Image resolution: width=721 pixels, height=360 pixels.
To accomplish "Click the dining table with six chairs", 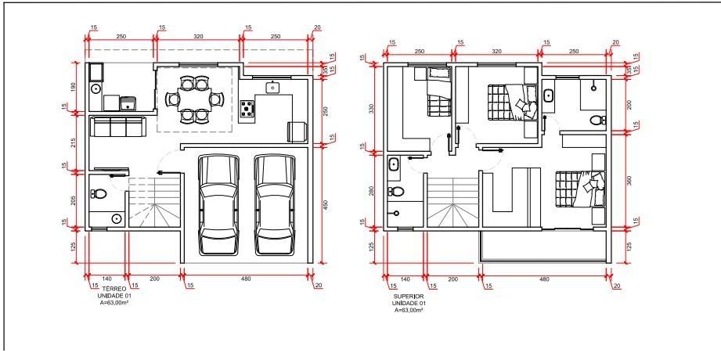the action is (x=193, y=99).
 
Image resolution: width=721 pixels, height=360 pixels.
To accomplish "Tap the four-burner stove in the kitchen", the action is (x=247, y=109).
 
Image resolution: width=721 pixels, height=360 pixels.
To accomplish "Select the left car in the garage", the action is (x=219, y=204).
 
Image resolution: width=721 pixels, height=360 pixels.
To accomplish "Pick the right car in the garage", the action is (x=275, y=204).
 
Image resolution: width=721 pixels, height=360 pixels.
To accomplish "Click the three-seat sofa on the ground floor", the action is (x=118, y=127).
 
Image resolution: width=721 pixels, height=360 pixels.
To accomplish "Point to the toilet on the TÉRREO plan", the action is (x=99, y=193).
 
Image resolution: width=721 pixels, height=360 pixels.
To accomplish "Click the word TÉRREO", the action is (x=106, y=289).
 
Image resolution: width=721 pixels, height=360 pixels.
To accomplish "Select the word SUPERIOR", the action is (x=409, y=297).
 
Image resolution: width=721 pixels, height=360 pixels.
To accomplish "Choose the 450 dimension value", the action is (x=326, y=204).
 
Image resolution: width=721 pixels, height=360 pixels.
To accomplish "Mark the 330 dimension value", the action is (x=372, y=109).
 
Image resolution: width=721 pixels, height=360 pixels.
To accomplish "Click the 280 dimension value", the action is (x=372, y=191).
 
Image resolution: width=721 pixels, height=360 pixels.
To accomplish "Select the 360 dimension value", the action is (x=629, y=181).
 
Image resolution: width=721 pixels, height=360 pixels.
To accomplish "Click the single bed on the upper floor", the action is (x=438, y=91).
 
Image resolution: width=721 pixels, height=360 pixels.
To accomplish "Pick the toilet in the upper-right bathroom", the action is (x=597, y=121).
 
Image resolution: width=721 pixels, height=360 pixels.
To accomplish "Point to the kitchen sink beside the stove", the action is (x=272, y=87).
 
